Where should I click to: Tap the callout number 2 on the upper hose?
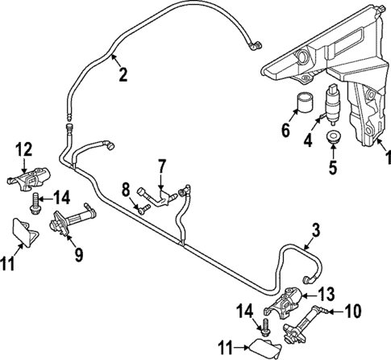[x=123, y=75]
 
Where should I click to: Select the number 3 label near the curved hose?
[x=315, y=230]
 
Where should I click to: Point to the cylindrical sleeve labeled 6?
[x=305, y=105]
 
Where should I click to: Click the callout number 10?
[x=354, y=308]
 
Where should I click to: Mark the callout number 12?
[x=24, y=149]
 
